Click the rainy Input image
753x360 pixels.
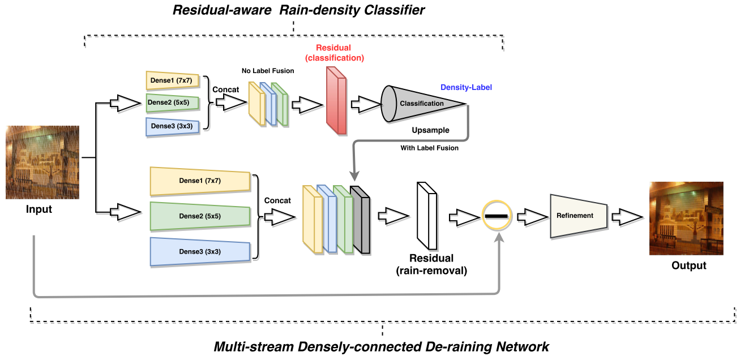click(42, 162)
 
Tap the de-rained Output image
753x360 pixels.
click(686, 218)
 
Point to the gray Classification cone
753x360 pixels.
click(419, 104)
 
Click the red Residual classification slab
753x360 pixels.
click(335, 101)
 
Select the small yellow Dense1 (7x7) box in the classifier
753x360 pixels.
click(173, 81)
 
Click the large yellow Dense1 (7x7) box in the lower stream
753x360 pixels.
click(199, 181)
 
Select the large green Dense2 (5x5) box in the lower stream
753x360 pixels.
click(199, 216)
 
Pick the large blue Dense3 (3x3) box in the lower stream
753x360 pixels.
click(199, 251)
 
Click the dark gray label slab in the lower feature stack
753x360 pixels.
click(360, 220)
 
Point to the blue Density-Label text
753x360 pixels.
click(466, 88)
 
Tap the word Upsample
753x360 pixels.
click(430, 130)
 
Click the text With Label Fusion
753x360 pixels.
click(430, 148)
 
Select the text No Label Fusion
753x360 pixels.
click(268, 71)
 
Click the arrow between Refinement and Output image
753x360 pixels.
click(630, 216)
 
